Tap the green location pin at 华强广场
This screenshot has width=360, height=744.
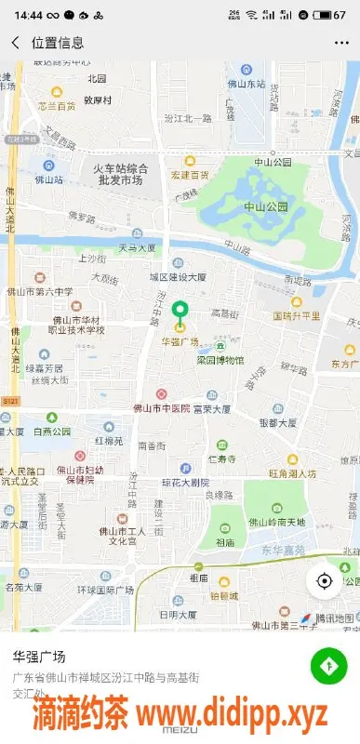tap(180, 312)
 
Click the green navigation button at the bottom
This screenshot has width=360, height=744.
tap(327, 665)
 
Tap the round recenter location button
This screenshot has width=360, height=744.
tap(325, 581)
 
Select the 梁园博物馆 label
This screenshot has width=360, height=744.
tap(220, 360)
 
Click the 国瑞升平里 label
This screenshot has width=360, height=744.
tap(297, 316)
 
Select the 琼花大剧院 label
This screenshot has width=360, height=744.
tap(185, 483)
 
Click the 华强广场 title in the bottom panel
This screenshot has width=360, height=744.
tap(39, 656)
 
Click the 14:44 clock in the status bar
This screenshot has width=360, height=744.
tap(29, 15)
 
